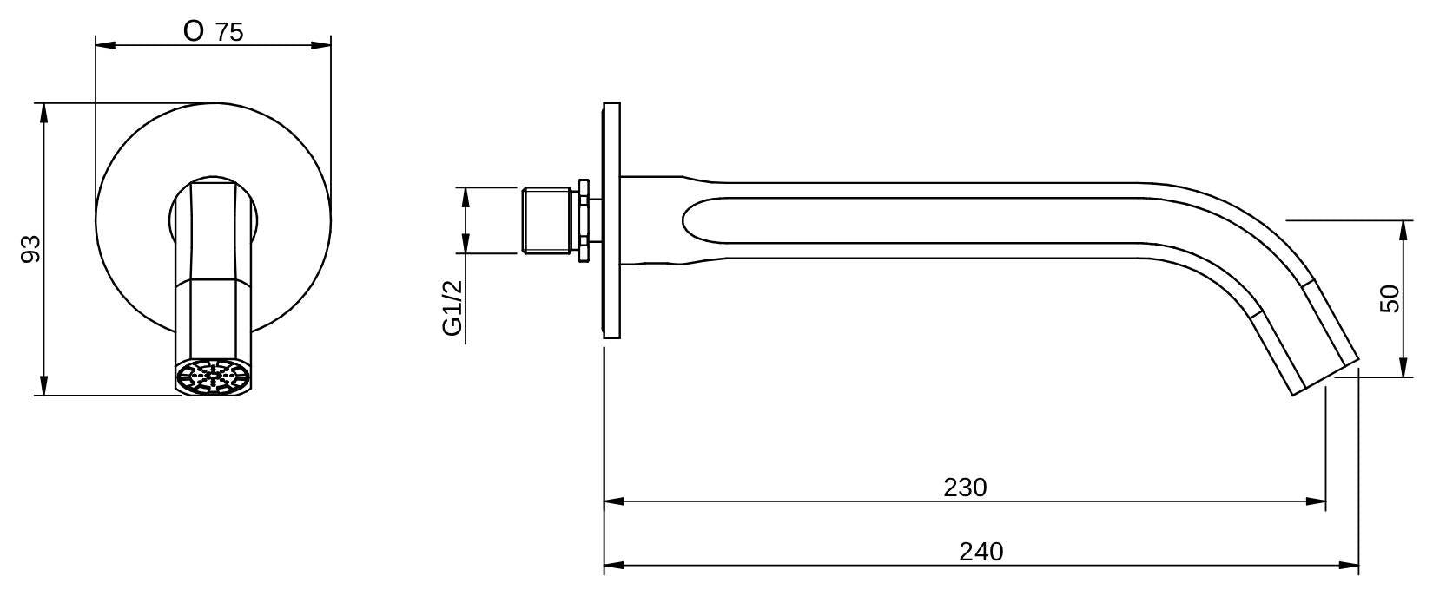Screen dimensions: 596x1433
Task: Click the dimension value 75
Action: point(229,32)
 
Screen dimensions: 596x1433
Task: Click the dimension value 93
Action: point(31,249)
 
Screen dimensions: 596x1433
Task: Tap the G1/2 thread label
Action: point(452,308)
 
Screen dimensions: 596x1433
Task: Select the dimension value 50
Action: point(1390,299)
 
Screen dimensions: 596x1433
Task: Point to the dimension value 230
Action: point(965,488)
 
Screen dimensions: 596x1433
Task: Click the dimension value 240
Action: point(981,552)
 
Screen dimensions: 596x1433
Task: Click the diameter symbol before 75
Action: point(194,31)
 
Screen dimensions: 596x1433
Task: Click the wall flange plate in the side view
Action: point(612,220)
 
